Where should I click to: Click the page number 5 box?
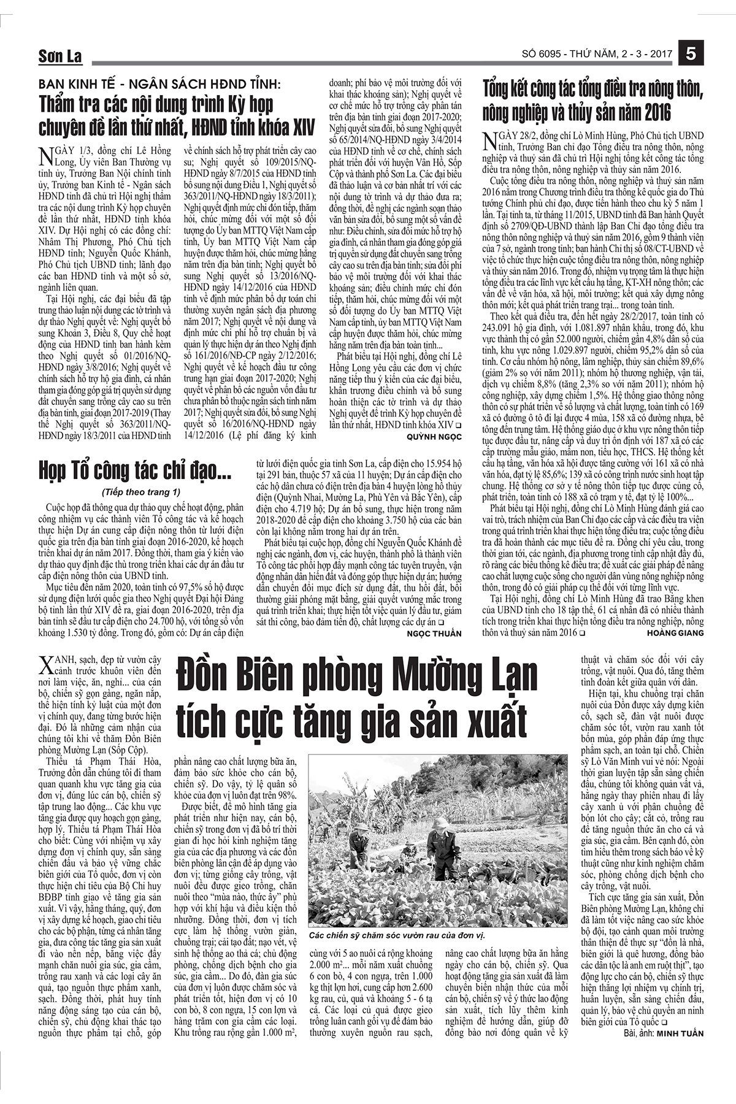click(x=691, y=53)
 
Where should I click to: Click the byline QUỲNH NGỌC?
click(x=434, y=435)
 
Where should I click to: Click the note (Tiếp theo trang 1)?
click(x=141, y=492)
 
